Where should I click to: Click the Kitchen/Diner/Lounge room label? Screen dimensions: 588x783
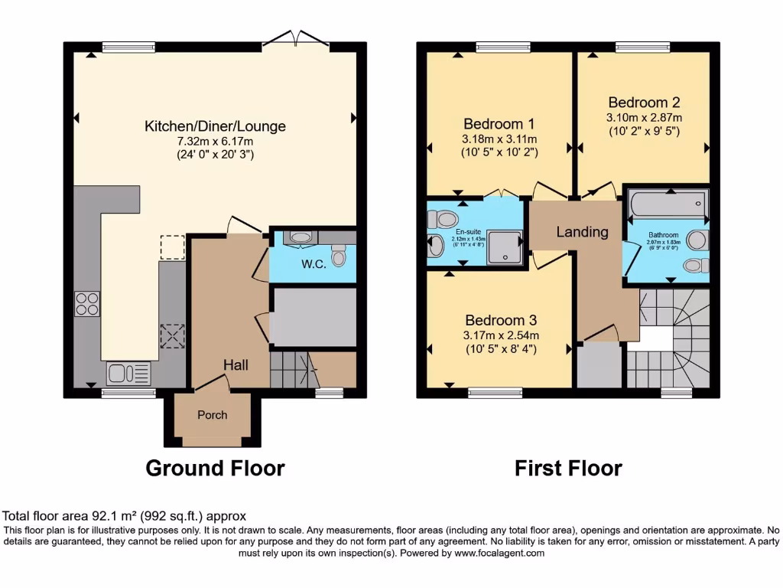click(216, 126)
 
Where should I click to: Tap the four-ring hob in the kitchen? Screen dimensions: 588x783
click(86, 304)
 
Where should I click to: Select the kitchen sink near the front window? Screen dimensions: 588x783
click(128, 373)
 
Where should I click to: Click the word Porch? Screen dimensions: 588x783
click(212, 415)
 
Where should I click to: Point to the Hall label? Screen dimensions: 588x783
click(236, 366)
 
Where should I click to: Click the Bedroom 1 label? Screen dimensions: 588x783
click(499, 124)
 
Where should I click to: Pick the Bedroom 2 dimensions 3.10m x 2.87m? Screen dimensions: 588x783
click(644, 118)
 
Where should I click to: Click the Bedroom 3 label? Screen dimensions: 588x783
click(501, 320)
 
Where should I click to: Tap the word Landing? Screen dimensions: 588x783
click(582, 232)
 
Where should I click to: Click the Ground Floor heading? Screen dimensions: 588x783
click(215, 468)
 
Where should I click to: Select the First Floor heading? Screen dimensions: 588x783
click(568, 468)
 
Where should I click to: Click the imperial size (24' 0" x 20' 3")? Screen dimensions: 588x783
click(216, 155)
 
